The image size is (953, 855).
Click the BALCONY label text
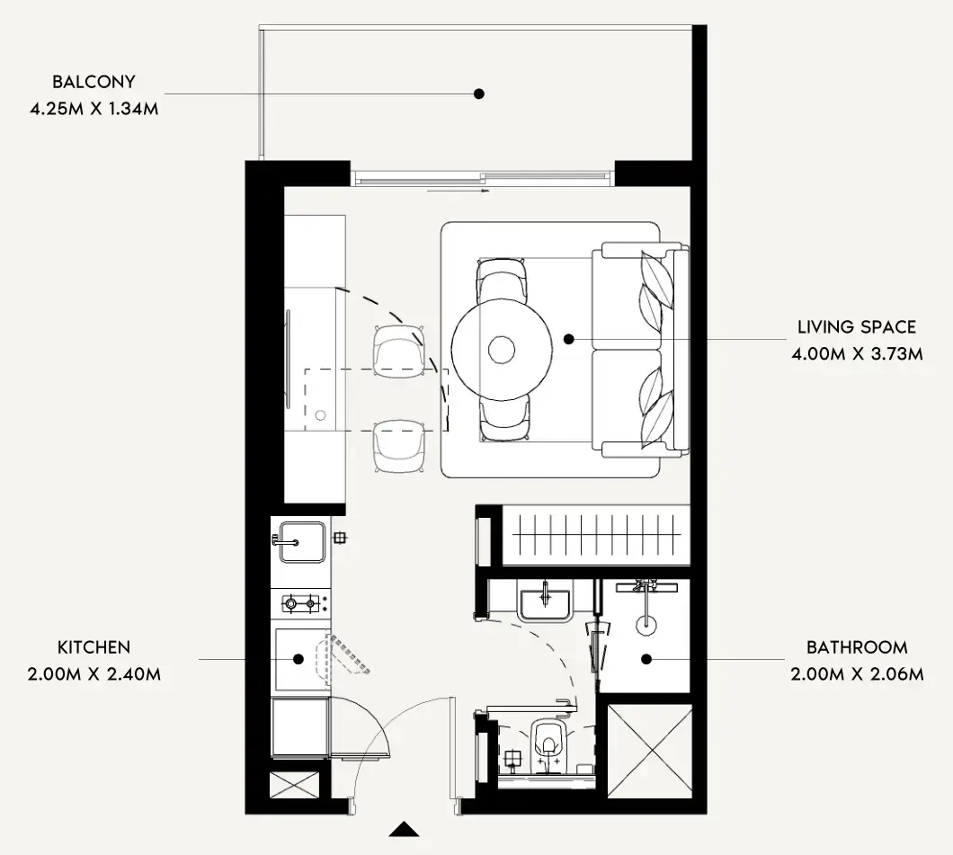coord(94,82)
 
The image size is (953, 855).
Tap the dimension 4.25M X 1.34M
coord(94,109)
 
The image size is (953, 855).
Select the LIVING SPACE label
coord(857,327)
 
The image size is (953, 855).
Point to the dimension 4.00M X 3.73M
coord(857,353)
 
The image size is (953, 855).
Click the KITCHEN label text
coord(94,647)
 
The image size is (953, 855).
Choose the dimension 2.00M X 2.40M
coord(94,674)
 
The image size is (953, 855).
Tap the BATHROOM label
coord(857,647)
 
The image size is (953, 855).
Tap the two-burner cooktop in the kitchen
coord(301,604)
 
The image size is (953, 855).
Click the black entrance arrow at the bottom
coord(405,831)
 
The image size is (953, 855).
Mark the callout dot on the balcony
coord(479,94)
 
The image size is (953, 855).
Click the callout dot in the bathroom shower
coord(646,659)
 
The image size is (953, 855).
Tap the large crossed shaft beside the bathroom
coord(650,751)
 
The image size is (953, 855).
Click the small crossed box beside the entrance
coord(294,785)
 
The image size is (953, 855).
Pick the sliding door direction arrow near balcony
coord(459,191)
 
